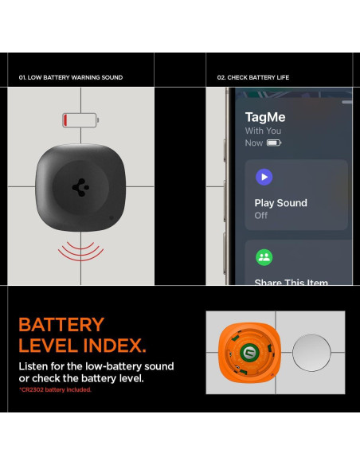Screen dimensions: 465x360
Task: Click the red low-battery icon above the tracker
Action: [81, 119]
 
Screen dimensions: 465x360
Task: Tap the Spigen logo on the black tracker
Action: [80, 186]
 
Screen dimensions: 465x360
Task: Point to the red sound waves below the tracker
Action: [80, 249]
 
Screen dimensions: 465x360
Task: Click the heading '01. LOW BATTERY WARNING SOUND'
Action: [70, 78]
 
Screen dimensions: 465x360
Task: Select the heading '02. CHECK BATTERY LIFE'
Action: [252, 78]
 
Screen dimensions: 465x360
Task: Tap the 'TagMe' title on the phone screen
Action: [265, 117]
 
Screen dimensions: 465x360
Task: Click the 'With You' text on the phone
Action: [263, 131]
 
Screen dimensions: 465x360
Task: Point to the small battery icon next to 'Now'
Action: [274, 143]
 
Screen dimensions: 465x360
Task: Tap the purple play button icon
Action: [264, 177]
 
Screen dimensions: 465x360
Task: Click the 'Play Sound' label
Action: [280, 203]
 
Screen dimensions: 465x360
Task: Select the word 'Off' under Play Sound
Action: [261, 216]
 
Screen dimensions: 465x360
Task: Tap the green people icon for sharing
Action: [264, 257]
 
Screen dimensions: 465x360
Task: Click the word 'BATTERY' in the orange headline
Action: [61, 325]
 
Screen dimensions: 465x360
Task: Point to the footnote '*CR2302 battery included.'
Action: [55, 390]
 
